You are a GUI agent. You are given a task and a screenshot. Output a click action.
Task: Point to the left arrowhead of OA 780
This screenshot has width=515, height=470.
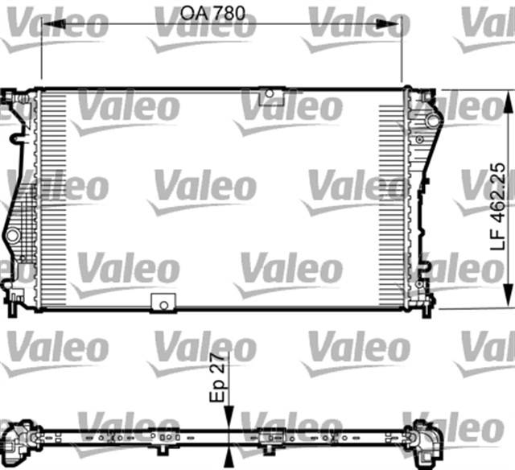[x=47, y=26]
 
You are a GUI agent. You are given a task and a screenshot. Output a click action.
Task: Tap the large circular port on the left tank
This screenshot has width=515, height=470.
[x=12, y=237]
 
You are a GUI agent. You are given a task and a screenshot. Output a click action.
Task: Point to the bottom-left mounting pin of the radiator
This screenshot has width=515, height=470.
[x=14, y=308]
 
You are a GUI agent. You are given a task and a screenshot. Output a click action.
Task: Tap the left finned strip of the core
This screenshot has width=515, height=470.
[x=53, y=197]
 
